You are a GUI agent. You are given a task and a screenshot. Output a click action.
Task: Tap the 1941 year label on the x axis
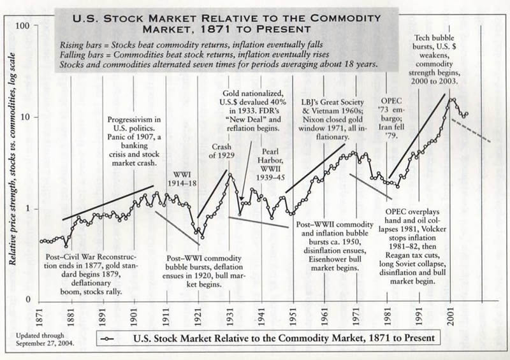(261, 316)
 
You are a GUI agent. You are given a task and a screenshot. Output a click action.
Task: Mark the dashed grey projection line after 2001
(472, 130)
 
